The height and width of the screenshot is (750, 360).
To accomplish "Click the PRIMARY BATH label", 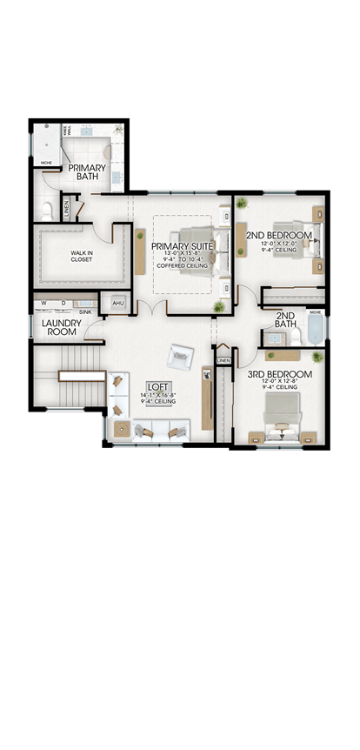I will (x=88, y=172).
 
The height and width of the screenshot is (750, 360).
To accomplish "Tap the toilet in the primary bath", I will (x=47, y=209).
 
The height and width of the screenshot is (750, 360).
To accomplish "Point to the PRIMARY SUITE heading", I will (x=182, y=246).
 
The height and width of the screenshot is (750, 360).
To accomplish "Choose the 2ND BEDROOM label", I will (x=278, y=235).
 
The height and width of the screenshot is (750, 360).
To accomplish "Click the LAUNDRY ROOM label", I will (x=61, y=326).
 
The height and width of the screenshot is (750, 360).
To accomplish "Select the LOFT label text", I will (x=157, y=386).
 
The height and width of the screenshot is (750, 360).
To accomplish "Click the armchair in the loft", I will (x=181, y=355).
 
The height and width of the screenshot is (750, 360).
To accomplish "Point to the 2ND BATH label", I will (x=285, y=320).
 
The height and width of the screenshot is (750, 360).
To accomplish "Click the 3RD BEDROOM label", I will (x=279, y=374).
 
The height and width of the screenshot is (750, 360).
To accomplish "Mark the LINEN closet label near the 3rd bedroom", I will (x=223, y=360).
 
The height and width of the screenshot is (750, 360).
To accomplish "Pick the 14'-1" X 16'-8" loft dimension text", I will (x=157, y=395).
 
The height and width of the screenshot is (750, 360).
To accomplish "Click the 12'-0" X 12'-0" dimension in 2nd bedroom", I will (x=278, y=244).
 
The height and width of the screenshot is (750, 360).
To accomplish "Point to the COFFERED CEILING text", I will (x=182, y=265).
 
